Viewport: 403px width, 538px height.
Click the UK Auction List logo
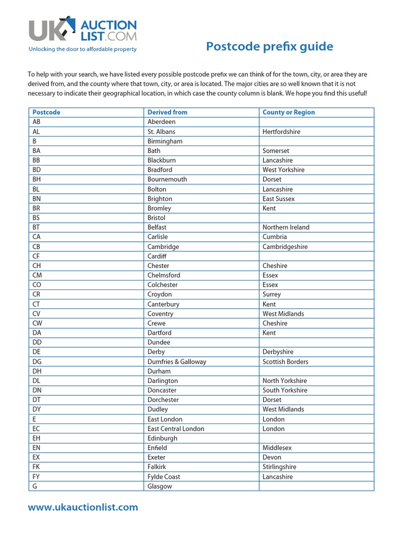coord(82,30)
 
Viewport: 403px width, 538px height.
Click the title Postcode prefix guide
coord(269,47)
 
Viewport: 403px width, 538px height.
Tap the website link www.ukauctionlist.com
coord(83,507)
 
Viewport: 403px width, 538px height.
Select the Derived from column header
coord(167,112)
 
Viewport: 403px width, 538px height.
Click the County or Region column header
coord(289,112)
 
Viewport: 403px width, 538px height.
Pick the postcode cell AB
coord(37,122)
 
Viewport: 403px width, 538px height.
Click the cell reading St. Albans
coord(162,132)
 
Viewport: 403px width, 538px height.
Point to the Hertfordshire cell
coord(281,132)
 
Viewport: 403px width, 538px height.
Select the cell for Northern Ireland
coord(286,227)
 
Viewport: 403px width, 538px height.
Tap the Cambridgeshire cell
coord(285,247)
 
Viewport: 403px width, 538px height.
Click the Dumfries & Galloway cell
coord(177,362)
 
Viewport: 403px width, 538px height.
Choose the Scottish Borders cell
coord(285,362)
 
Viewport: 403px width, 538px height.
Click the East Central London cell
coord(176,429)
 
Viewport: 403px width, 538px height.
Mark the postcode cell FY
coord(36,477)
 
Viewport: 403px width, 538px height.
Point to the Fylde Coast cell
coord(164,477)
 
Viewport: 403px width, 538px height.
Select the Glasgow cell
coord(160,487)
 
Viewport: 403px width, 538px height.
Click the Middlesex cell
coord(277,448)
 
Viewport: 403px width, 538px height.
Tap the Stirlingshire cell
coord(279,467)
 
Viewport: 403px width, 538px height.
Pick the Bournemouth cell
coord(167,179)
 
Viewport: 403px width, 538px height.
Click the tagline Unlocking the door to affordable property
coord(82,49)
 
